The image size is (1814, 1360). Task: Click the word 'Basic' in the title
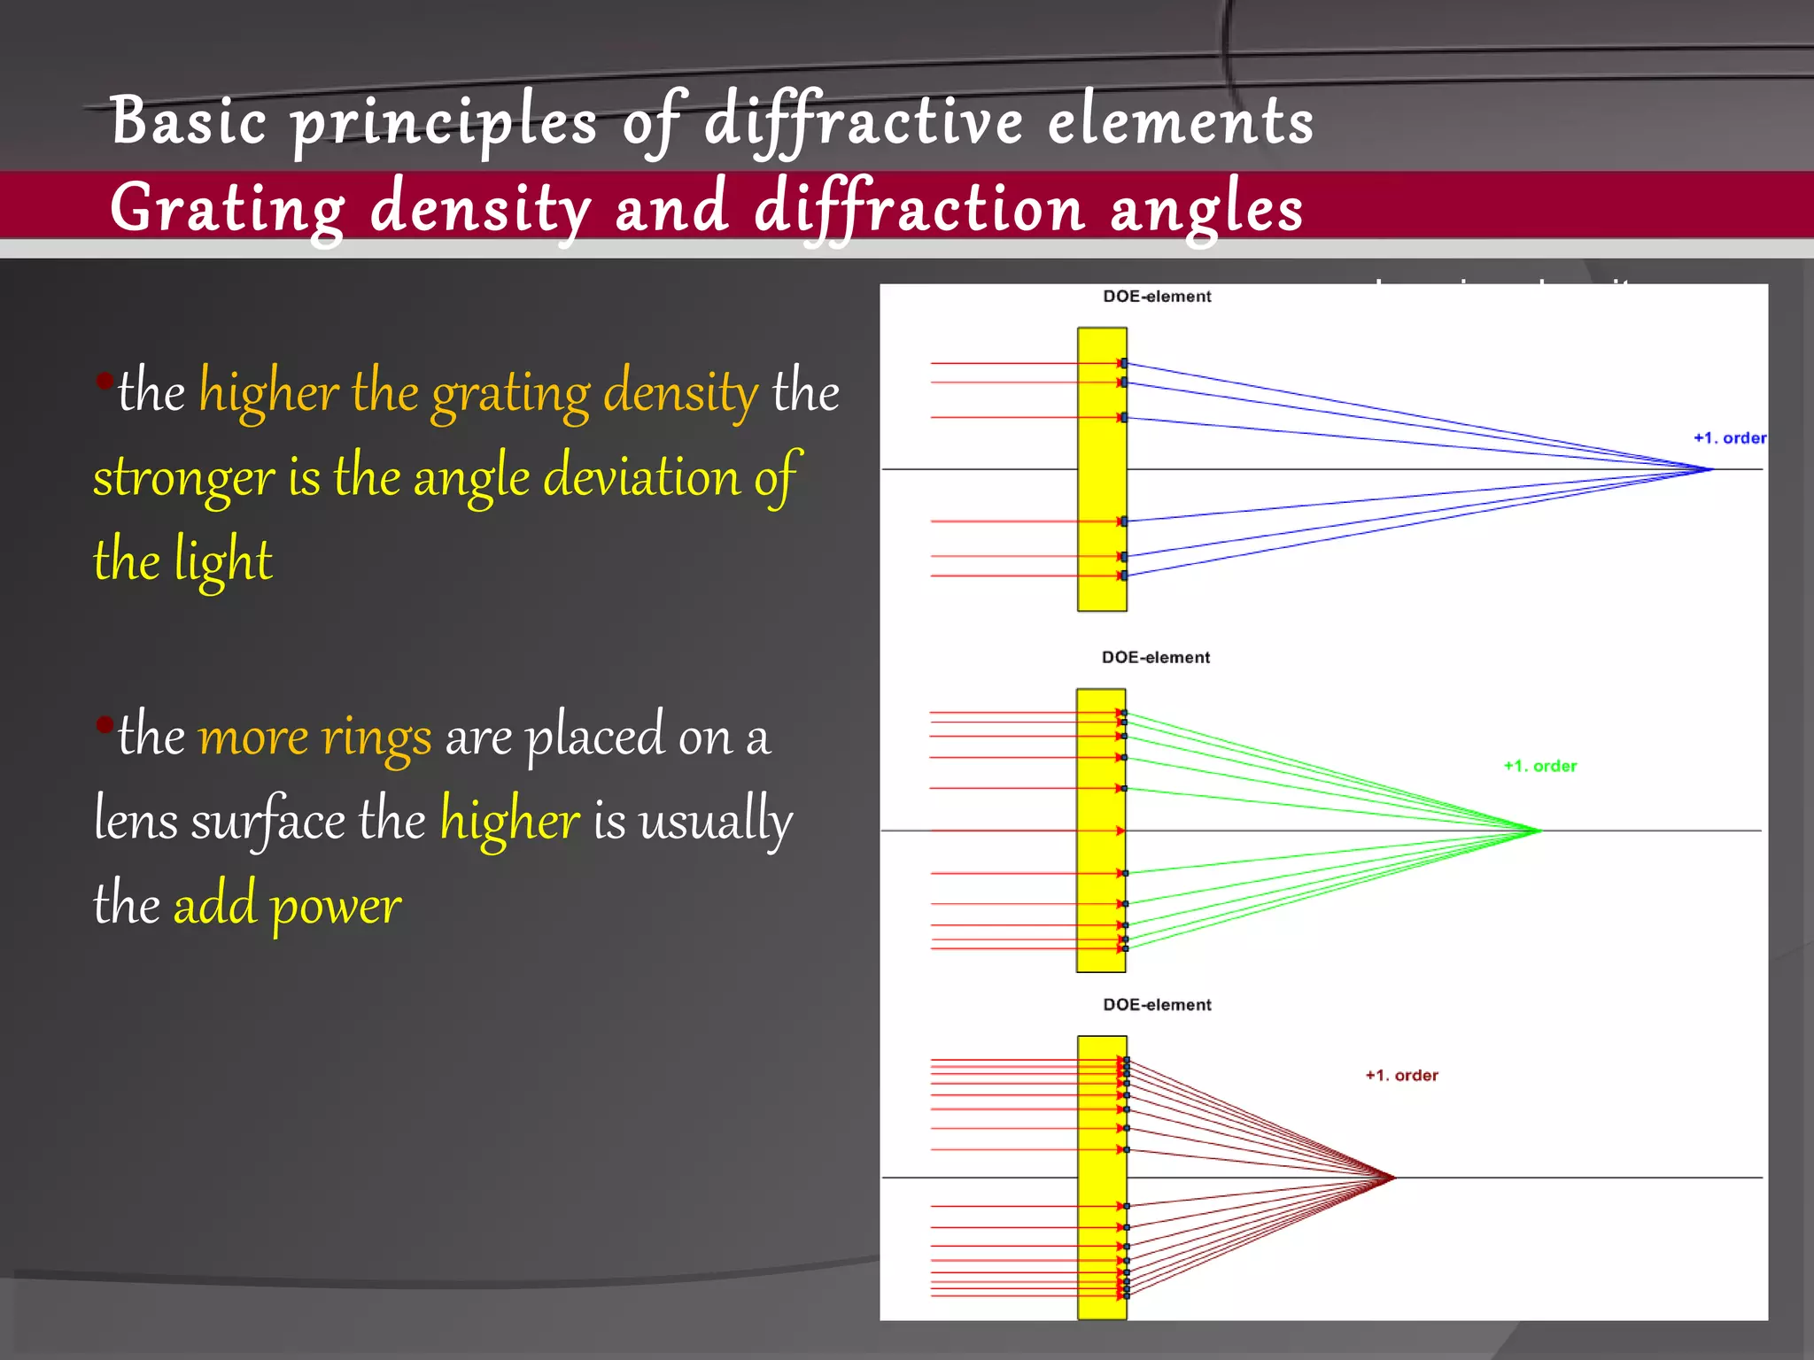(x=188, y=120)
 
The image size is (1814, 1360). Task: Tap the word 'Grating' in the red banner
(x=227, y=209)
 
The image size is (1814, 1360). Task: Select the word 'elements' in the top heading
(x=1181, y=122)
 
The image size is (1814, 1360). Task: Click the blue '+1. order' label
(x=1729, y=437)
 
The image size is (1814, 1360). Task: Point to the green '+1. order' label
(x=1540, y=766)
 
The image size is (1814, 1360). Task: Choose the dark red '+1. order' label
(x=1401, y=1075)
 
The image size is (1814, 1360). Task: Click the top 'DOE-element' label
(x=1157, y=297)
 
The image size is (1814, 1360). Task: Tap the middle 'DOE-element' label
(x=1155, y=657)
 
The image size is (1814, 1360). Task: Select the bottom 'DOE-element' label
(x=1157, y=1004)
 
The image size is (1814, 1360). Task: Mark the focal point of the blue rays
(x=1712, y=469)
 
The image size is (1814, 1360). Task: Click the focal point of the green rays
(x=1539, y=831)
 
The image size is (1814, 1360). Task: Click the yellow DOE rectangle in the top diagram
(x=1101, y=469)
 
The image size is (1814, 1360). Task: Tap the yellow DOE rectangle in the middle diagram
(x=1100, y=831)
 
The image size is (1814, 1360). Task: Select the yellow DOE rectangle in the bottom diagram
(x=1101, y=1178)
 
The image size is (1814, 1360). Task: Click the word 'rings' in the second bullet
(x=376, y=737)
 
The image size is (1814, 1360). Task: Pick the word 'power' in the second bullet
(x=336, y=905)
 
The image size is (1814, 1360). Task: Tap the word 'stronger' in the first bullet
(x=184, y=478)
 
